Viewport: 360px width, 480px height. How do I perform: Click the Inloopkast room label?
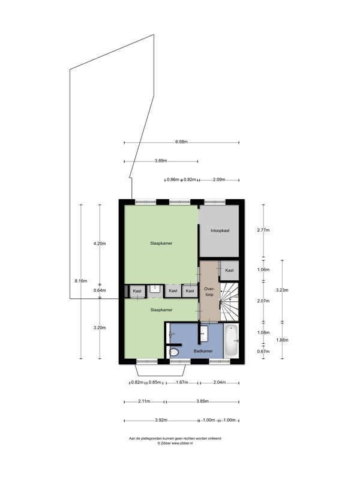pos(220,230)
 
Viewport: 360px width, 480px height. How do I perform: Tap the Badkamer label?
pos(203,350)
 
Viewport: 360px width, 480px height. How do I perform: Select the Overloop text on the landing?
pos(209,290)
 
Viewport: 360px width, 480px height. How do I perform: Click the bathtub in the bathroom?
pos(232,340)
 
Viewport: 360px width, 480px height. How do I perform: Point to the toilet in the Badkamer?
pos(174,353)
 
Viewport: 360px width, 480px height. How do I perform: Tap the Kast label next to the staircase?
pos(229,271)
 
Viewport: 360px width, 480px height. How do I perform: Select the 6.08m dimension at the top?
pos(182,142)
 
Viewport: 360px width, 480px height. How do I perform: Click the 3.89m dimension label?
pos(160,161)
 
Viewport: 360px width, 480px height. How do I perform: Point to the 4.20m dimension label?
pos(100,244)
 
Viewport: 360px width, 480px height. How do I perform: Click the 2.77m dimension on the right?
pos(263,230)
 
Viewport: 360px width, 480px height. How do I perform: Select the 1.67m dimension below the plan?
pos(182,382)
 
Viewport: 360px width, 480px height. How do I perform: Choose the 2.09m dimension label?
pos(219,179)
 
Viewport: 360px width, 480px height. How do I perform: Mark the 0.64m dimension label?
pos(100,290)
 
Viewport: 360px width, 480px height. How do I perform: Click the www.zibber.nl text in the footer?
pos(182,443)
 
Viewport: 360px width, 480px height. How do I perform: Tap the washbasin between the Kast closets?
pos(155,290)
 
